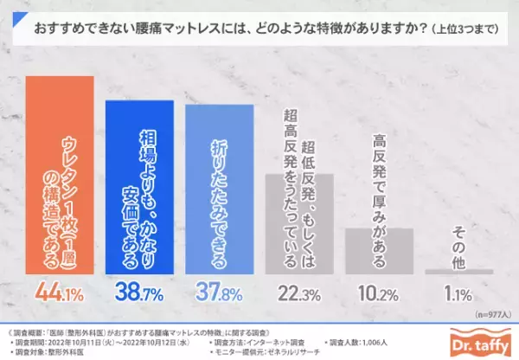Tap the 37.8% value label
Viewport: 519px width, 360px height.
pos(220,294)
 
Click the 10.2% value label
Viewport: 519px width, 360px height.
pos(379,294)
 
